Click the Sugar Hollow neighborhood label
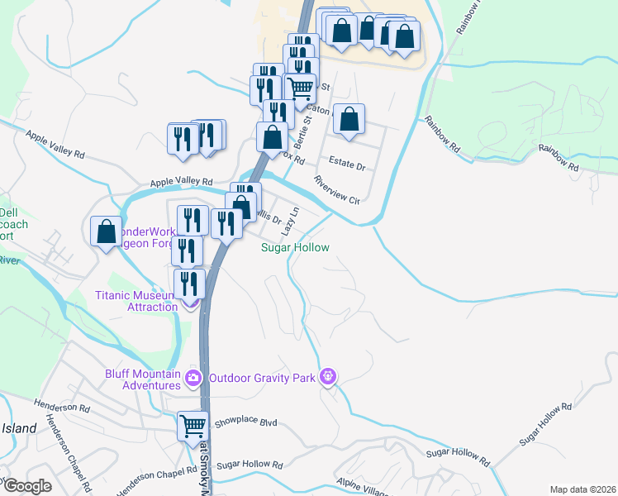point(295,247)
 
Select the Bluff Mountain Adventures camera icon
point(193,379)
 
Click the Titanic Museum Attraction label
point(136,300)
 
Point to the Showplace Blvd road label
point(245,422)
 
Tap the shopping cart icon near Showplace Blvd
point(193,427)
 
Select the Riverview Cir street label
point(336,189)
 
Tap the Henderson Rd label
point(62,407)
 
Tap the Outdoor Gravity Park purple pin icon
point(329,378)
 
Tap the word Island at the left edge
point(19,428)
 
